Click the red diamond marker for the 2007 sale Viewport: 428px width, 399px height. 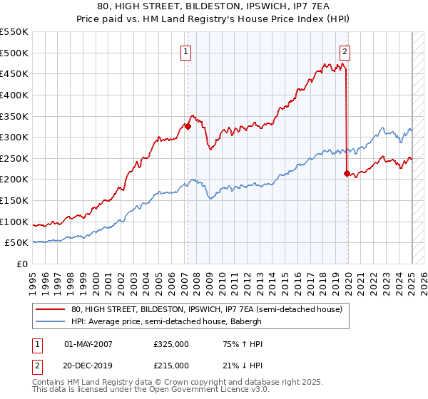point(188,127)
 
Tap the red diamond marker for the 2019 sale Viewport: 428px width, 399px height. point(347,173)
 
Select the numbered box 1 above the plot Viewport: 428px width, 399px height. point(185,51)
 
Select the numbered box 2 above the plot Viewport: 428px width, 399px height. point(345,51)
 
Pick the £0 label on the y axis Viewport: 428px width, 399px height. point(21,264)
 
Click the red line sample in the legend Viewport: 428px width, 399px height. point(51,309)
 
